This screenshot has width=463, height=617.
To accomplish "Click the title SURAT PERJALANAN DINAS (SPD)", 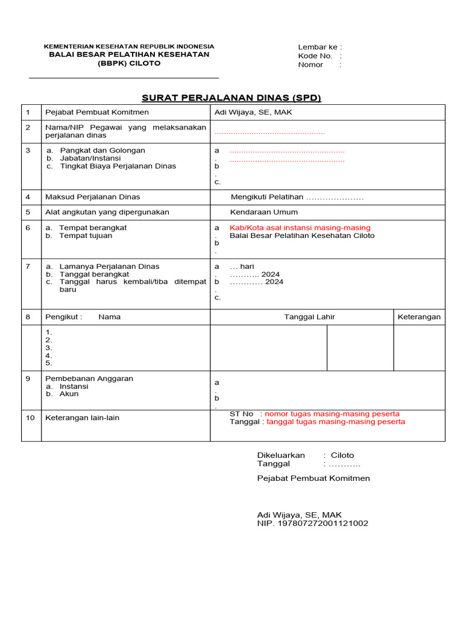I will click(x=231, y=98).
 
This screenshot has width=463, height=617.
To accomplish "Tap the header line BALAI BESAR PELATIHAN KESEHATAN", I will click(x=129, y=54).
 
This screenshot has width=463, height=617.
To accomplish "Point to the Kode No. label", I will click(x=315, y=56).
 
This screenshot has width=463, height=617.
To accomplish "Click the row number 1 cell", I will click(x=28, y=112).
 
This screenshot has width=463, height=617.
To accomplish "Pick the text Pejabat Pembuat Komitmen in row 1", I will click(x=97, y=112).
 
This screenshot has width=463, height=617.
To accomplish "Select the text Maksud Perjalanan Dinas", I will click(x=93, y=197).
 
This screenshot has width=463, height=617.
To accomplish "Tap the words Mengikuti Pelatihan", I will click(x=266, y=197).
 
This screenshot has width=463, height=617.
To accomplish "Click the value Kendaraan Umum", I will click(x=263, y=212).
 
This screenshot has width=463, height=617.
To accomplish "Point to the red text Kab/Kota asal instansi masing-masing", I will click(x=300, y=228).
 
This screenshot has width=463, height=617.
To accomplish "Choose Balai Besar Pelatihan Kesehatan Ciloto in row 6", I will click(x=301, y=236).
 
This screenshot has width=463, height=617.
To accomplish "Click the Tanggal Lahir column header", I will click(x=309, y=317).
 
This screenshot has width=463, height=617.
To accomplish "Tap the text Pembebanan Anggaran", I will click(x=89, y=378).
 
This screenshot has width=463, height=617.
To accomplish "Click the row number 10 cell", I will click(x=31, y=418).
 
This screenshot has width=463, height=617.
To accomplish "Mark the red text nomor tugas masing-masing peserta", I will click(x=332, y=414).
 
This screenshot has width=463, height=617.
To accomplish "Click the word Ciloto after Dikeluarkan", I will click(x=342, y=456).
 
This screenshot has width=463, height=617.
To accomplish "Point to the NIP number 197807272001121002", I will click(x=323, y=524).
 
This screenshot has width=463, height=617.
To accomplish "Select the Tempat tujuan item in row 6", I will click(x=86, y=236).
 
